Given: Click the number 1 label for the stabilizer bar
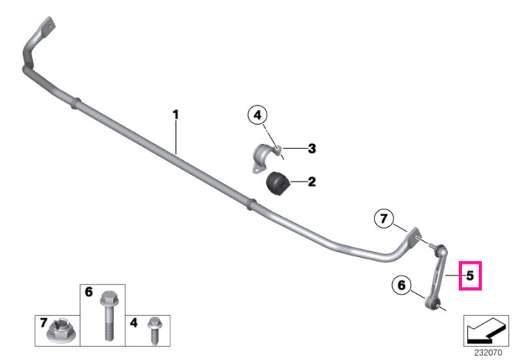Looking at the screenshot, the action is [x=175, y=115].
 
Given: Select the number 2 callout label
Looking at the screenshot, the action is [x=312, y=181].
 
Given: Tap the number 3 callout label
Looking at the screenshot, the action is [x=312, y=148].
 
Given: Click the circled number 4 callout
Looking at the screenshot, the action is [x=258, y=115].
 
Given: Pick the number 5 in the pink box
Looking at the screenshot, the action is [x=470, y=276].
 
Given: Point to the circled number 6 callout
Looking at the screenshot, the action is [x=402, y=285].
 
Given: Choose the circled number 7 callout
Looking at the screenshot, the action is [x=384, y=218].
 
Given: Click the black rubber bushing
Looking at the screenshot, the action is [x=276, y=183].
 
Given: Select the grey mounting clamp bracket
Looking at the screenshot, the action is [x=266, y=156].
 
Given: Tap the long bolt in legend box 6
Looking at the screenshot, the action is [x=109, y=316].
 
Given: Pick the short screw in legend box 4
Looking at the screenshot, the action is [x=154, y=330].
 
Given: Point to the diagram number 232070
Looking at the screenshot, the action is [x=488, y=353].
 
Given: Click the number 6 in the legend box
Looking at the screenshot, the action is [x=89, y=292].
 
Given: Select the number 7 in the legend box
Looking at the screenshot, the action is [x=43, y=323].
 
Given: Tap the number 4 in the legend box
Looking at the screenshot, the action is [x=134, y=323].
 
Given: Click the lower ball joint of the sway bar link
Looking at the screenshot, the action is [x=432, y=303].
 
